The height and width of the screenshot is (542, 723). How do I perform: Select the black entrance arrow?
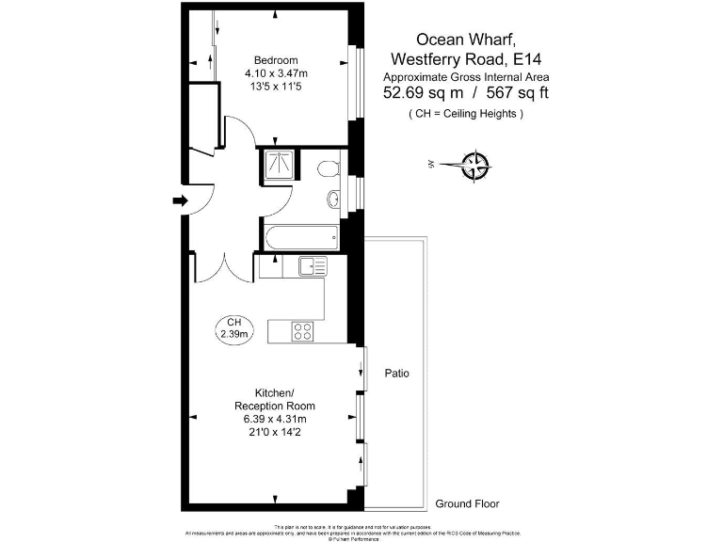click(x=180, y=199)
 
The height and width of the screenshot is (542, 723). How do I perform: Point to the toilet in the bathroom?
click(x=327, y=168)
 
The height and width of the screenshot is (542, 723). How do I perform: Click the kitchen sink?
click(x=312, y=266)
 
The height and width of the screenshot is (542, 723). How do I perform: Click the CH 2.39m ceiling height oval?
click(x=233, y=327)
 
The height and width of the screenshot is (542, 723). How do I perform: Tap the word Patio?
click(x=397, y=374)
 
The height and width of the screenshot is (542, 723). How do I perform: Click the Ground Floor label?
click(x=467, y=503)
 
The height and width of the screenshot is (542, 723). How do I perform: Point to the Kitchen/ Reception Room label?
click(x=277, y=399)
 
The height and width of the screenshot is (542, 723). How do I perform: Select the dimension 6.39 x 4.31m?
click(x=277, y=419)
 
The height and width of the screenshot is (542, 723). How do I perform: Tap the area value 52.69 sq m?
click(x=423, y=93)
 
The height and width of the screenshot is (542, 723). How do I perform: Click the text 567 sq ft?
click(x=519, y=93)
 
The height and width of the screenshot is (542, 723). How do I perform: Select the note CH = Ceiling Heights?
click(x=466, y=114)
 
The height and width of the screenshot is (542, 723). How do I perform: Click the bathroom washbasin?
click(x=334, y=199)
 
